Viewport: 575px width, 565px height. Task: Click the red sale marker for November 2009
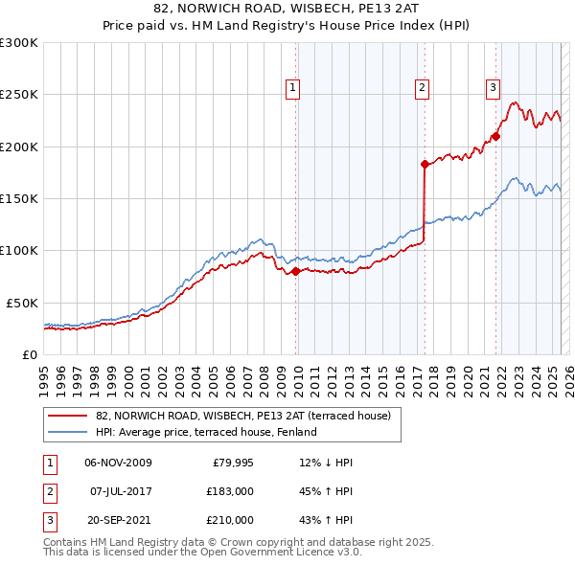[x=295, y=271]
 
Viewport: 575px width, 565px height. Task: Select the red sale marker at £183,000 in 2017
[x=424, y=164]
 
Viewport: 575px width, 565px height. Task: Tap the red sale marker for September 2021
[x=496, y=136]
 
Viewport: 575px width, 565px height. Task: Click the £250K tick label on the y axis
[x=19, y=95]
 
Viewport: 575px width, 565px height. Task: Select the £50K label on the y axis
[x=22, y=303]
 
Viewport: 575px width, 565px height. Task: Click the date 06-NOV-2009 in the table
[x=119, y=463]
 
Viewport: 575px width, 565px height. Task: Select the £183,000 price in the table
[x=230, y=491]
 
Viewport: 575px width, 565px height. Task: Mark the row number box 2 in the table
[x=47, y=491]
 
